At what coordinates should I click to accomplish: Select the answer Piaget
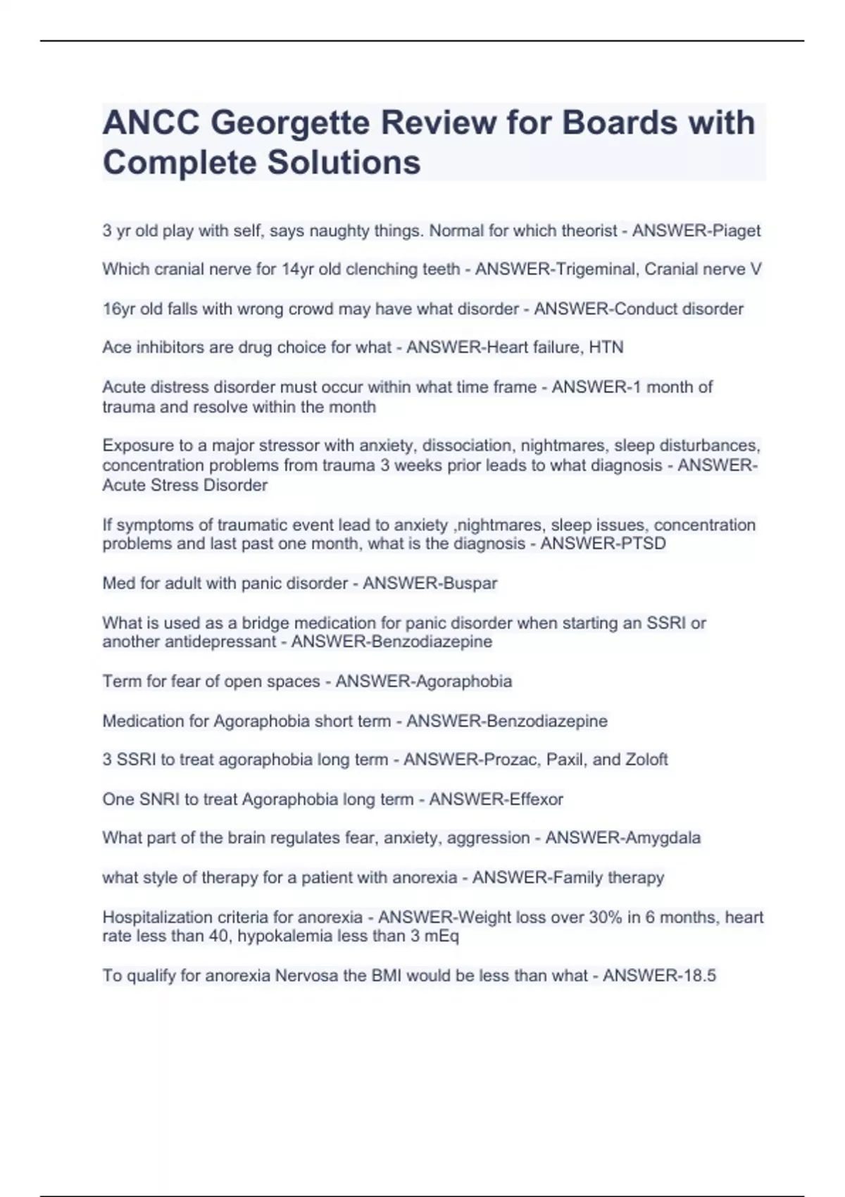click(737, 231)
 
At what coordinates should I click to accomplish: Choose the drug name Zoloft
click(644, 760)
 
